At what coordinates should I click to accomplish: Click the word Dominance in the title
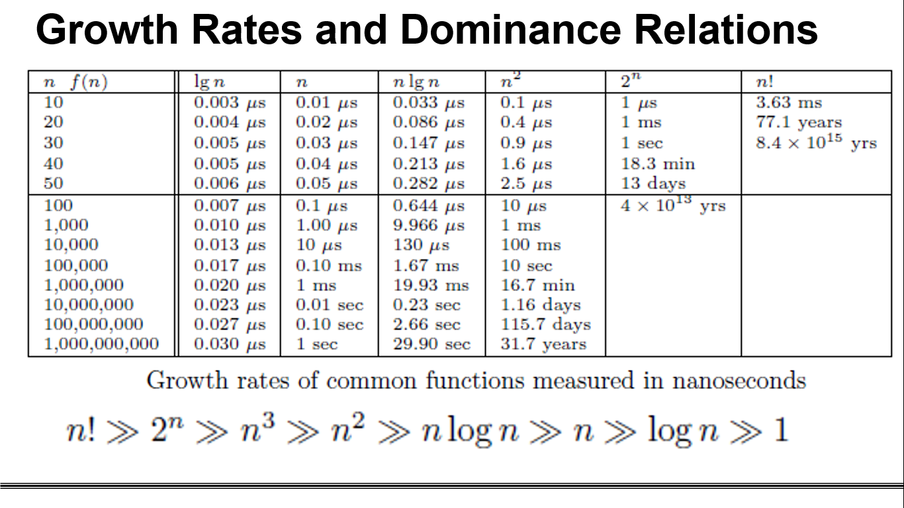coord(510,29)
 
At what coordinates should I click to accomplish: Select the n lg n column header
coord(416,82)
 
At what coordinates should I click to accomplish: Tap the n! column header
coord(765,82)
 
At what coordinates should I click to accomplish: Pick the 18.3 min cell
coord(658,163)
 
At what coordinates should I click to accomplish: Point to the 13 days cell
coord(653,183)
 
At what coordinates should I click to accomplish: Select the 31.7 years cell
coord(543,344)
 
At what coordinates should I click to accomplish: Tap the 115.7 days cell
coord(545,324)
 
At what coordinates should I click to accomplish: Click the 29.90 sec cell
coord(431,344)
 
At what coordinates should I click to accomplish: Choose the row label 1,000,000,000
coord(101,344)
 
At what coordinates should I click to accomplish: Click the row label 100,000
coord(76,265)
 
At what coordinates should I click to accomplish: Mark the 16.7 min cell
coord(537,285)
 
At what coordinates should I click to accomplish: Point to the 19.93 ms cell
coord(431,285)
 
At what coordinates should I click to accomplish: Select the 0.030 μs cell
coord(230,344)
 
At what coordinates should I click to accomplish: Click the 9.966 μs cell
coord(429,225)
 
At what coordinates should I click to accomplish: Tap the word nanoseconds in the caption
coord(739,380)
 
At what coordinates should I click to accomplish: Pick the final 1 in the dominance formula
coord(780,430)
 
